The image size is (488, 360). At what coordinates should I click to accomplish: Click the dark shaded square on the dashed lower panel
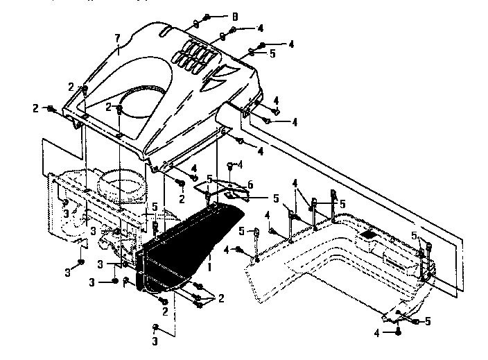click(371, 235)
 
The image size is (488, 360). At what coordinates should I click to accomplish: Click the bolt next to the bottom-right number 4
click(399, 333)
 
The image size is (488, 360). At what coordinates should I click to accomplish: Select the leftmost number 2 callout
click(35, 108)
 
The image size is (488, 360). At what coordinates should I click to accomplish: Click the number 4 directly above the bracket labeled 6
click(239, 164)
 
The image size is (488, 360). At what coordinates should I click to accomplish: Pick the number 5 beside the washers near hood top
click(272, 53)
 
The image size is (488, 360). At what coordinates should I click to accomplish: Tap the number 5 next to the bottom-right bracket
click(428, 320)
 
